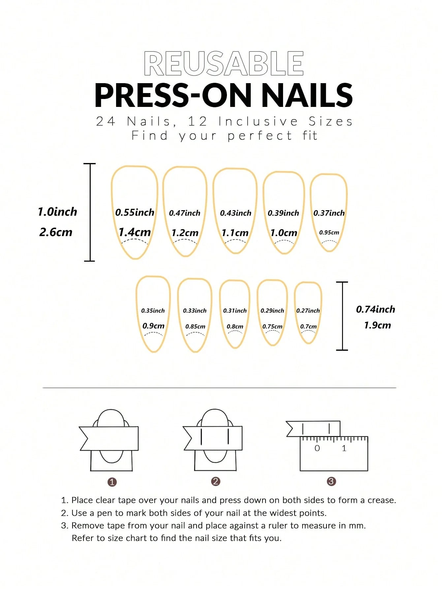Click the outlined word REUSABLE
pyautogui.click(x=224, y=63)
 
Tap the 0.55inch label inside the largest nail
pyautogui.click(x=135, y=213)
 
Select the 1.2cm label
pyautogui.click(x=185, y=233)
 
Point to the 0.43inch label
pyautogui.click(x=236, y=213)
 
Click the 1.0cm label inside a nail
pyautogui.click(x=284, y=233)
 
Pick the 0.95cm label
pyautogui.click(x=329, y=233)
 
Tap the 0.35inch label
pyautogui.click(x=153, y=311)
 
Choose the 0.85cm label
pyautogui.click(x=195, y=327)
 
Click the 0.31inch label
pyautogui.click(x=235, y=311)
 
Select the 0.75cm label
pyautogui.click(x=272, y=327)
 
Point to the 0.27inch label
pyautogui.click(x=308, y=311)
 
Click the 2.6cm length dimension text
pyautogui.click(x=56, y=232)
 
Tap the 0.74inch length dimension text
pyautogui.click(x=375, y=310)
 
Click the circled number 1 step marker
pyautogui.click(x=112, y=482)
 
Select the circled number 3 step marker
pyautogui.click(x=331, y=481)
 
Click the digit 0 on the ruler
pyautogui.click(x=317, y=448)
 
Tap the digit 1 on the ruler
pyautogui.click(x=344, y=448)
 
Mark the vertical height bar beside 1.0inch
pyautogui.click(x=90, y=212)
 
